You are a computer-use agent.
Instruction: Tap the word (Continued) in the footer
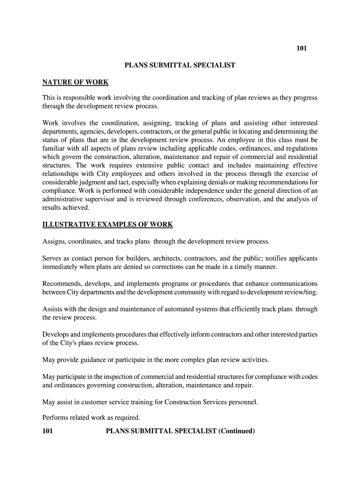pyautogui.click(x=237, y=431)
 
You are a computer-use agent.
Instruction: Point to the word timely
pyautogui.click(x=244, y=267)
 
